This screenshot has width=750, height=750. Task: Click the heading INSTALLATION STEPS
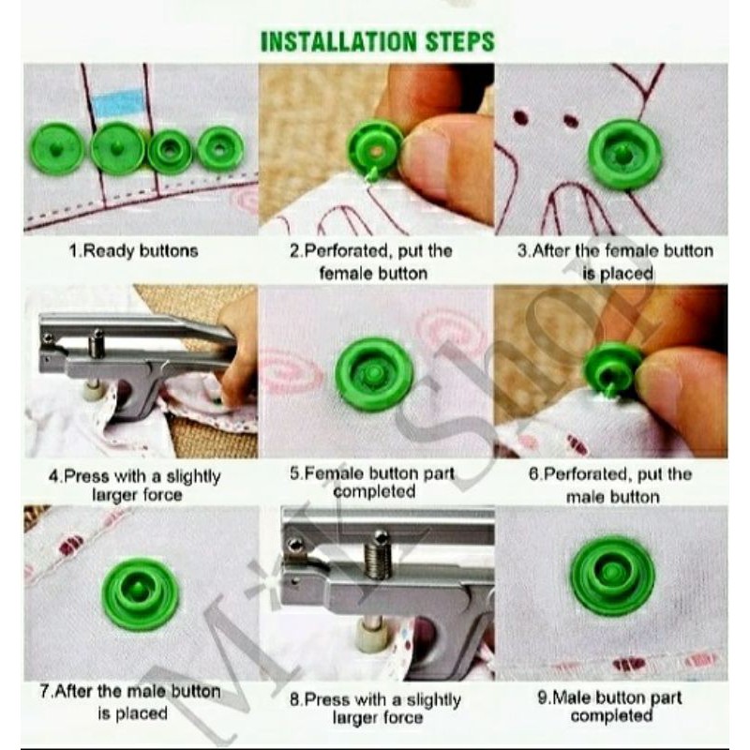pos(378,41)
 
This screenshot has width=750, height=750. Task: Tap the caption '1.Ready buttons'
pos(133,251)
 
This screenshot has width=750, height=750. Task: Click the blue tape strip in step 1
pos(116,103)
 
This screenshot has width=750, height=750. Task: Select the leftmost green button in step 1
pos(57,148)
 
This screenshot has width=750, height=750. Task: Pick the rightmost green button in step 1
pos(220,149)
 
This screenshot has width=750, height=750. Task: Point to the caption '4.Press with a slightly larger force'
pos(135,485)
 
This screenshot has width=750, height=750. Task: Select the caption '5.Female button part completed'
pos(372,482)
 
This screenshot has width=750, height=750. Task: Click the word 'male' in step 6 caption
pos(585,497)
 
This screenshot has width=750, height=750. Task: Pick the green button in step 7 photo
pos(141,593)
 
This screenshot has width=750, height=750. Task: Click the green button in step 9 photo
pos(612,575)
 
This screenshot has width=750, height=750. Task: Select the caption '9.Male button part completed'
pos(610,707)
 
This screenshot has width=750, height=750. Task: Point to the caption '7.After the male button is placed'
pos(130,702)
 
